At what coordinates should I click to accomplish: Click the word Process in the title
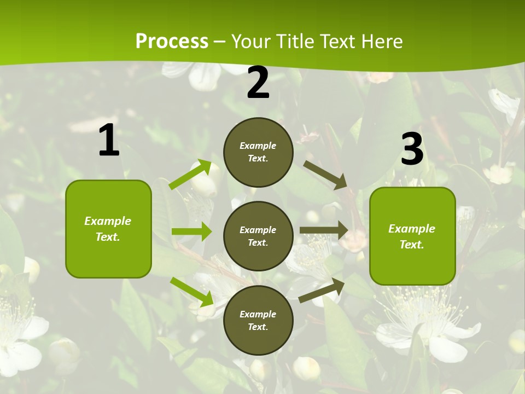point(172,42)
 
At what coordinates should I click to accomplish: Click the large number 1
point(109,141)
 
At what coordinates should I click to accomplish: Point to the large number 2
point(258,83)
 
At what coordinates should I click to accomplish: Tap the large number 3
point(412,149)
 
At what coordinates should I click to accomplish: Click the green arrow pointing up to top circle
point(190,175)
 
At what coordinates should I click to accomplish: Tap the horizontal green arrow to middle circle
point(191,231)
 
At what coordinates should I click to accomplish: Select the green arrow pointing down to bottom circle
point(191,292)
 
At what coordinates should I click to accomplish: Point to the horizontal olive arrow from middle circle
point(324,230)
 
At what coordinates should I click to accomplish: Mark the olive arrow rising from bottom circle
point(322,291)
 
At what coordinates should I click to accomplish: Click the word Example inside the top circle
point(258,146)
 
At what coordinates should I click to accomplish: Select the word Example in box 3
point(412,229)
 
